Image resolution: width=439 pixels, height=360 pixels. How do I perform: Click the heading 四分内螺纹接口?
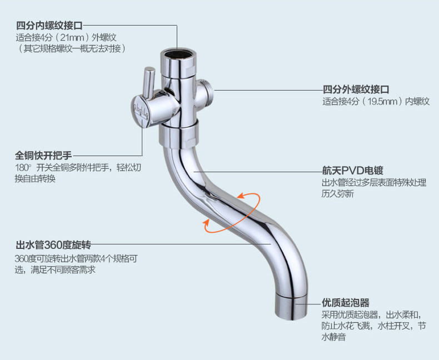49,26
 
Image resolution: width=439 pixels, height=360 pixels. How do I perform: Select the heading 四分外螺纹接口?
356,90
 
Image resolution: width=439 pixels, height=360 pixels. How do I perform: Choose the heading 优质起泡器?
345,303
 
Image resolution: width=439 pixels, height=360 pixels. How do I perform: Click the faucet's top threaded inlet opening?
177,56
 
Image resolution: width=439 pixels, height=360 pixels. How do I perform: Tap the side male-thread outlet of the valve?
207,89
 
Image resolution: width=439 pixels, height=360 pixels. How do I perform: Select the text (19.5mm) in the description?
382,102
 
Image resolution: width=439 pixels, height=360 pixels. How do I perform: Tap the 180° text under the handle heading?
24,168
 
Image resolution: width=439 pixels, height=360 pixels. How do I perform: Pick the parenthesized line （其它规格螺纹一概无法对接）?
71,49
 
